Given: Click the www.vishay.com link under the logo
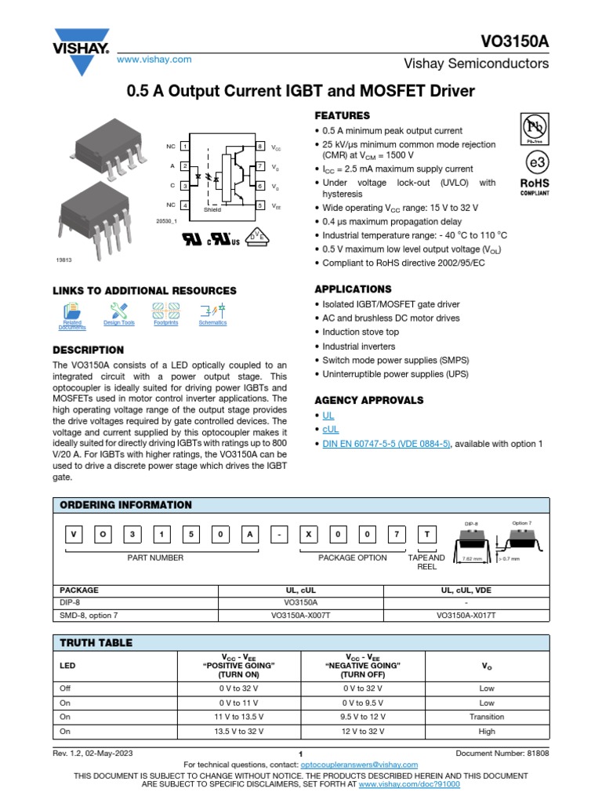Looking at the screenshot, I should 154,60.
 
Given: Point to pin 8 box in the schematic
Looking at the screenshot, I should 260,147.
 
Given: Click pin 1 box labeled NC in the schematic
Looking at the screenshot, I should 184,147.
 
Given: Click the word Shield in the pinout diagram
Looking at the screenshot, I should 212,210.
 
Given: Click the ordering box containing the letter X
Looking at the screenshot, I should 309,533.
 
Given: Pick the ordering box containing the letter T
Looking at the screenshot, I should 426,533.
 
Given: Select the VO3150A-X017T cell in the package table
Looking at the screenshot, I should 466,616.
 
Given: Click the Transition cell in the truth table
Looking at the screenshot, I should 487,717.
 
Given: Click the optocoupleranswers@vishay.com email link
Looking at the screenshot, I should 359,765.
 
